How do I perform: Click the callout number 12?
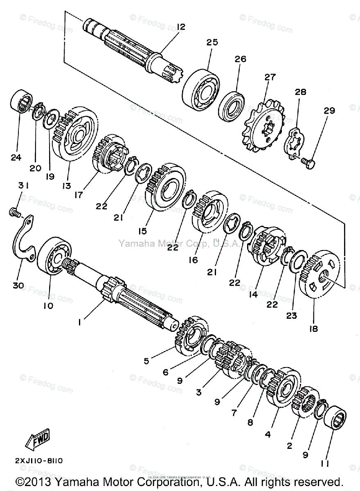click(x=181, y=27)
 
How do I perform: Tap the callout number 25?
click(x=212, y=42)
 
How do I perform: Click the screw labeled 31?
click(x=14, y=212)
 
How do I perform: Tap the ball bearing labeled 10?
click(x=54, y=257)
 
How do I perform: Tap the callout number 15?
click(x=142, y=231)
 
